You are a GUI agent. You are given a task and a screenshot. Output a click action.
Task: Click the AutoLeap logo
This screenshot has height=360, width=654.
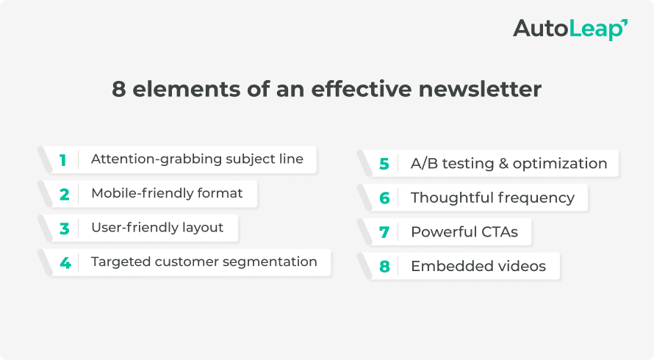569,29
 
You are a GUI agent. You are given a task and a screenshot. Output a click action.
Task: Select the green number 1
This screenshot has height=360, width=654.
63,159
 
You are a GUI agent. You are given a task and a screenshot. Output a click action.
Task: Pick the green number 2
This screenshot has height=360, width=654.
64,194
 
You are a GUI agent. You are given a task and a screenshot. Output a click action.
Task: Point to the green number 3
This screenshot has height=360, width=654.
64,228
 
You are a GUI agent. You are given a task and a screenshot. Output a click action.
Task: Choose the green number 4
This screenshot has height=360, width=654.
65,262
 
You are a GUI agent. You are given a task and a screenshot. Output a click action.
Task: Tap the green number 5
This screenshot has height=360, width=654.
384,164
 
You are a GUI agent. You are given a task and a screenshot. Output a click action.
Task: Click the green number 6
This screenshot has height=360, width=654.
384,198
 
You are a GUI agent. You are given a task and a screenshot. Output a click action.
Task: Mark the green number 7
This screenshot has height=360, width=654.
384,232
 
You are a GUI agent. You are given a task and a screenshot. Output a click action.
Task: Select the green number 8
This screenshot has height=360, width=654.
384,267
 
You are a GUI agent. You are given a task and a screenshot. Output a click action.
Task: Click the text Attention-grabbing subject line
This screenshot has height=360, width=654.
196,159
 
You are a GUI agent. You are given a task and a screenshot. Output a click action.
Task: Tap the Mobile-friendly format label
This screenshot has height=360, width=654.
166,194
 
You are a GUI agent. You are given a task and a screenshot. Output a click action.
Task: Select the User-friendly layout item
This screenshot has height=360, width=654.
157,228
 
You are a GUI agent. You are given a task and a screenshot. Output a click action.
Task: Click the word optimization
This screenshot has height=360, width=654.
561,164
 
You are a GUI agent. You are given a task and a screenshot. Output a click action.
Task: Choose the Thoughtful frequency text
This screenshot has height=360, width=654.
492,198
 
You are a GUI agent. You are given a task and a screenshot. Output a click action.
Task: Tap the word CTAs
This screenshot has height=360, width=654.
495,232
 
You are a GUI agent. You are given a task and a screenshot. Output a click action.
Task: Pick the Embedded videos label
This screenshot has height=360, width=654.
478,267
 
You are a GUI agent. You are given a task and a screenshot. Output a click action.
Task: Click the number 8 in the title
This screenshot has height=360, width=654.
119,89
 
